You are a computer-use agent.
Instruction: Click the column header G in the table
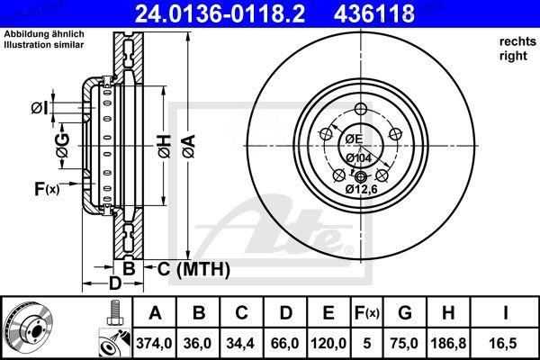coord(404,312)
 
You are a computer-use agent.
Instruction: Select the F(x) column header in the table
coord(366,312)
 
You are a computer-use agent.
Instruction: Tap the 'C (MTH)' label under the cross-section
coord(193,268)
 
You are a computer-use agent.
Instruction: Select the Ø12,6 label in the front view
coord(362,189)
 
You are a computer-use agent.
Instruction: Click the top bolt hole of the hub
coord(362,110)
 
